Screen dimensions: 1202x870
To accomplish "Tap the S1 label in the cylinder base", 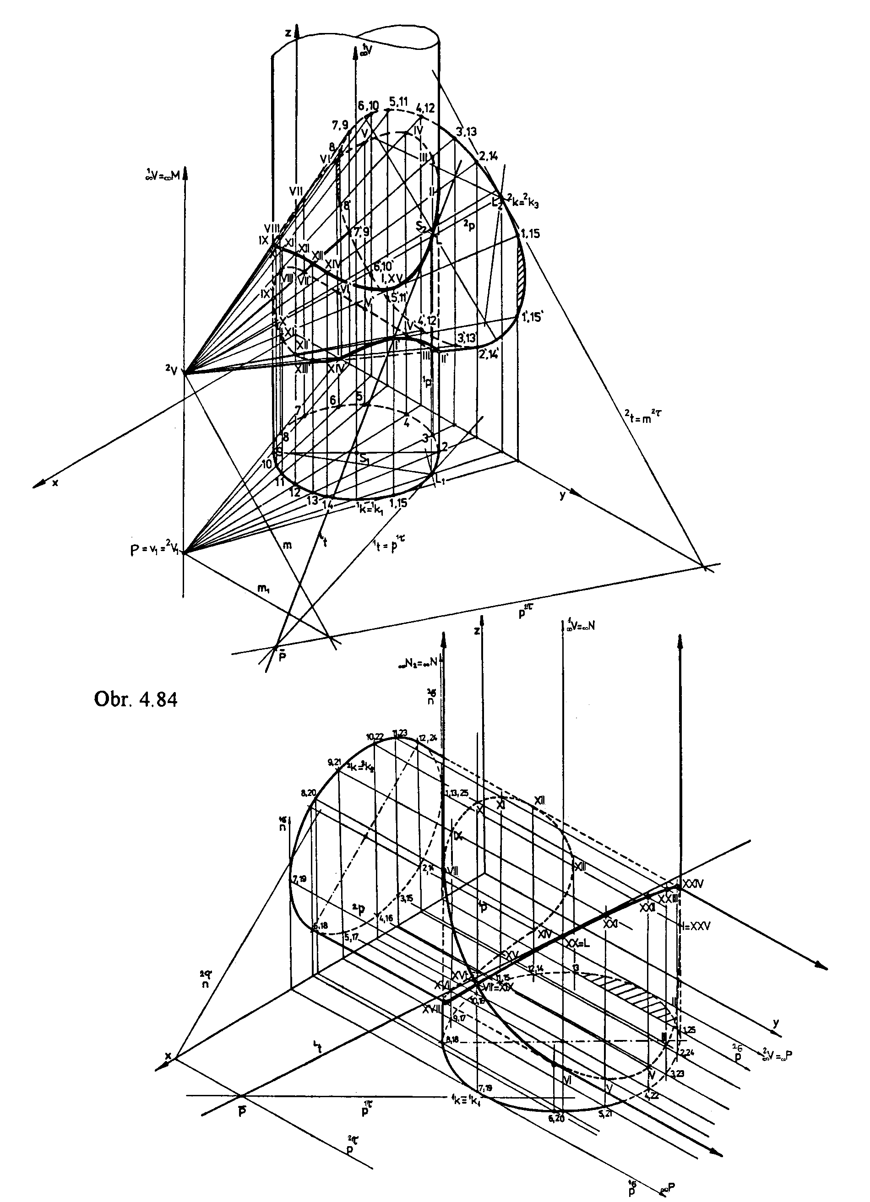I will click(x=364, y=459).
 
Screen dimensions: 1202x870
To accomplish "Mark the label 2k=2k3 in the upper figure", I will click(x=523, y=201).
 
